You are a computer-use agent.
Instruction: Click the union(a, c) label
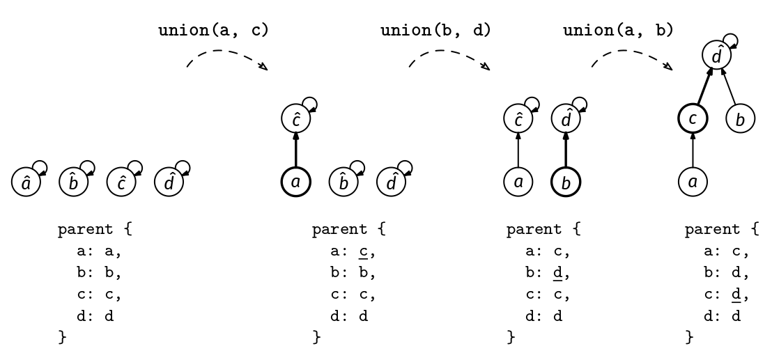tap(214, 31)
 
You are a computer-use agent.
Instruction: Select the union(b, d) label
tap(436, 31)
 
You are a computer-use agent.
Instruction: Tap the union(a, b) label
tap(618, 31)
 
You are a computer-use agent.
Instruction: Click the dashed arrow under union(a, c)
tap(227, 56)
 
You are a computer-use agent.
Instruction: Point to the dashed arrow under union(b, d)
tap(449, 56)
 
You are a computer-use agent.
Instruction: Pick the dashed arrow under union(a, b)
tap(632, 56)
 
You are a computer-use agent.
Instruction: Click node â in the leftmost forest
tap(26, 182)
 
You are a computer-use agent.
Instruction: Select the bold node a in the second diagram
tap(295, 182)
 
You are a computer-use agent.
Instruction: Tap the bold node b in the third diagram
tap(565, 182)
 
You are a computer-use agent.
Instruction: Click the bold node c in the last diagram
tap(693, 119)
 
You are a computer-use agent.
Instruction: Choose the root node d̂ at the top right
tap(716, 54)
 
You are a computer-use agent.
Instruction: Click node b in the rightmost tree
tap(740, 119)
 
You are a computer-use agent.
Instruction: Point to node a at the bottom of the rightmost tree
tap(693, 182)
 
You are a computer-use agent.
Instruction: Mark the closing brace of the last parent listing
tap(690, 338)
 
